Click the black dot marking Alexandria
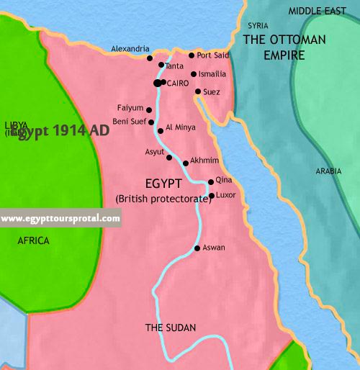pos(150,58)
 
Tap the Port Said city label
pos(214,55)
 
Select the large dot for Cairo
pos(157,84)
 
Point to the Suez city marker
pos(198,91)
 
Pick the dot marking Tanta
pos(161,66)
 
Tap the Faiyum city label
pos(130,108)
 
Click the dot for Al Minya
pos(160,130)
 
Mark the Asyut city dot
pos(169,157)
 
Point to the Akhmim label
pos(205,163)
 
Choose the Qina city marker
pos(210,182)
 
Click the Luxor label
pos(226,194)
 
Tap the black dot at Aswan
pos(197,248)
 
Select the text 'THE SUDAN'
pos(171,328)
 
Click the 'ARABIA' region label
pos(328,171)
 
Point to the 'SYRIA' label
pos(257,25)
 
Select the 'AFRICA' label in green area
pos(33,241)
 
